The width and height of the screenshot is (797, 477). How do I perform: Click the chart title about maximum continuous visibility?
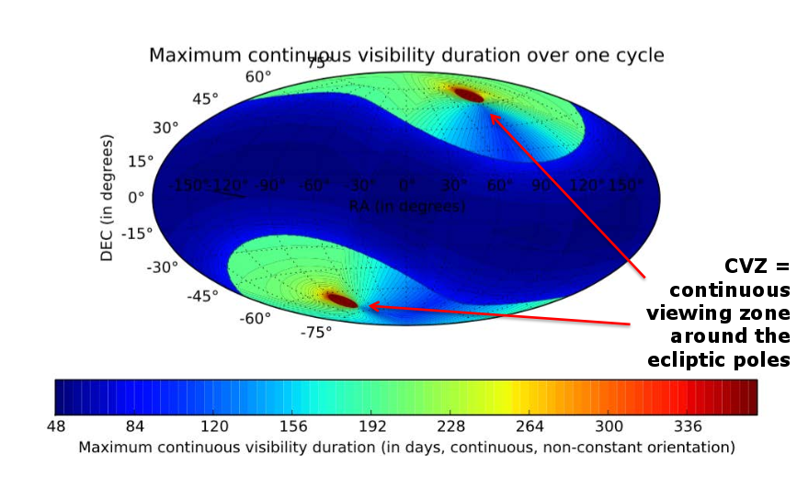[x=406, y=55]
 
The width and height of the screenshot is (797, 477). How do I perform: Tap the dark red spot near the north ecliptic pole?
[x=468, y=94]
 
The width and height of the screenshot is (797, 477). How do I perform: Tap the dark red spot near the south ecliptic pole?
[x=342, y=299]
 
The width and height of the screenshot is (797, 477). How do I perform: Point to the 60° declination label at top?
[x=258, y=76]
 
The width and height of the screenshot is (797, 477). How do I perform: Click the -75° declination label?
[x=315, y=333]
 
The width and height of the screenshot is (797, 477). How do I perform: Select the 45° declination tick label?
[x=204, y=98]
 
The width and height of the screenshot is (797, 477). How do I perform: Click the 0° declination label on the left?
[x=137, y=197]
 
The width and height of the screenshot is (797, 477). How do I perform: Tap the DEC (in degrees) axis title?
[x=108, y=197]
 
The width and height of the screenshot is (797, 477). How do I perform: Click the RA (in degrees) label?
[x=407, y=206]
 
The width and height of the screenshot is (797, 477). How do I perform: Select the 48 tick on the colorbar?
[x=55, y=426]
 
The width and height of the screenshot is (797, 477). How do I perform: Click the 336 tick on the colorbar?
[x=689, y=426]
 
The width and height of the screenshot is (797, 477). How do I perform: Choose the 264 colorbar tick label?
[x=531, y=426]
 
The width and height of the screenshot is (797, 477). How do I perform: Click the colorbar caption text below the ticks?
[x=406, y=448]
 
